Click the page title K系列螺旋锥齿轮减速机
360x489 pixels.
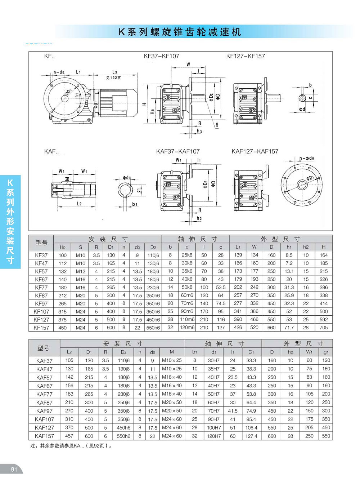(180, 32)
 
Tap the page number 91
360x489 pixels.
(14, 469)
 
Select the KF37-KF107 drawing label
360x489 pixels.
(161, 56)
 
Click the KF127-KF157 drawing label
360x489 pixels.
(246, 56)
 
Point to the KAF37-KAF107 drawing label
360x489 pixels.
(178, 151)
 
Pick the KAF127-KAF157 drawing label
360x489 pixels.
(255, 151)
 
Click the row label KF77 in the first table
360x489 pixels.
(41, 288)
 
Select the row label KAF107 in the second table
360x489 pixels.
(44, 419)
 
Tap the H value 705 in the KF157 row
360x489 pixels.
(324, 328)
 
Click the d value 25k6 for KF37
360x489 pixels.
(187, 255)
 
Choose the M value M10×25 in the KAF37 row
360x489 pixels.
(172, 360)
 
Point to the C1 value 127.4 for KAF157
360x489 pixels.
(251, 436)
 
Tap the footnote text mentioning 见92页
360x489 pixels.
(71, 446)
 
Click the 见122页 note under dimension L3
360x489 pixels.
(113, 78)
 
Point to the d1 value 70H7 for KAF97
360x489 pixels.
(213, 411)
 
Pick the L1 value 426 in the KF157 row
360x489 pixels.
(238, 328)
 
